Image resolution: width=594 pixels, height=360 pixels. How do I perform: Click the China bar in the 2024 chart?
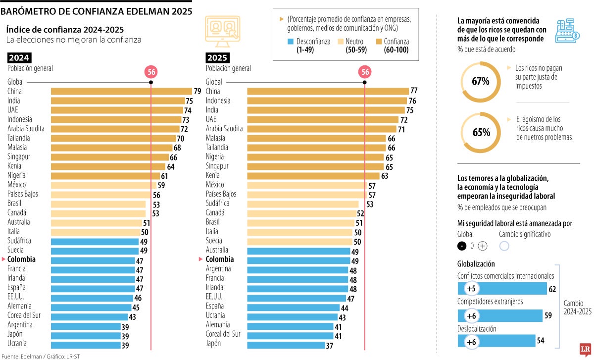coord(121,91)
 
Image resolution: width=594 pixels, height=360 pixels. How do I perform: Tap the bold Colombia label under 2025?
coord(220,259)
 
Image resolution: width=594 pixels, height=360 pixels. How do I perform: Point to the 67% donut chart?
coord(480,81)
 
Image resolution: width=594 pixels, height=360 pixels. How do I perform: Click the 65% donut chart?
coord(480,132)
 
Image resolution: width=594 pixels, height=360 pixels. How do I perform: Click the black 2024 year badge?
coord(18,57)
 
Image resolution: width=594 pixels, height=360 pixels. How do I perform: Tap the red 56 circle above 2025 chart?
coord(365,72)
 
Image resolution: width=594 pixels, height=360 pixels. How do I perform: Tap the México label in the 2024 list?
coord(17,185)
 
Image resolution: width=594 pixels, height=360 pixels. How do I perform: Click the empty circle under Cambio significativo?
coord(504,246)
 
